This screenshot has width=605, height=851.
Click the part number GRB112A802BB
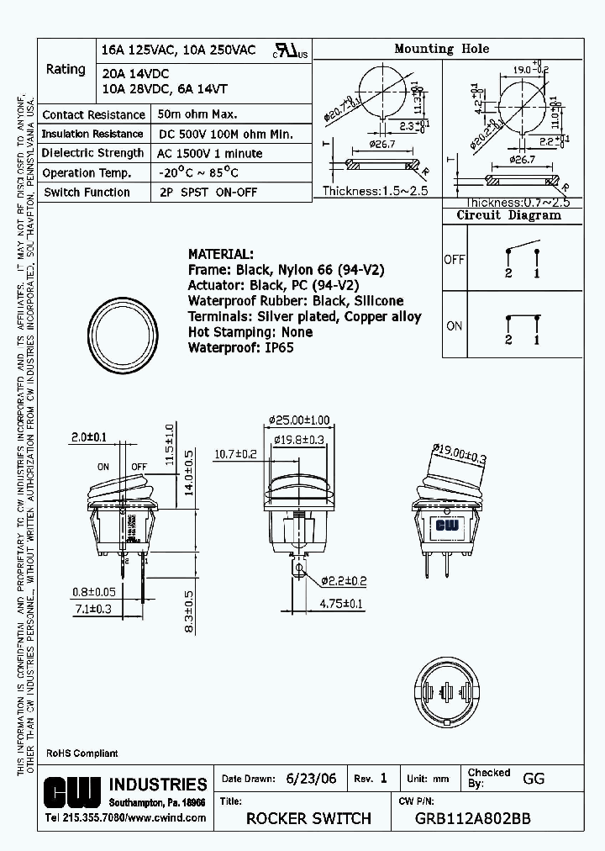coord(473,818)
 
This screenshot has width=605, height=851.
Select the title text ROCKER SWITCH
coord(308,818)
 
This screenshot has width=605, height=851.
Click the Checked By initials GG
coord(534,779)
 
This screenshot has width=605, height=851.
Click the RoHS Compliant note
coord(82,753)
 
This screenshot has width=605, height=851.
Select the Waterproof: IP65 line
coord(240,347)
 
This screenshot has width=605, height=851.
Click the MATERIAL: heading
coord(219,254)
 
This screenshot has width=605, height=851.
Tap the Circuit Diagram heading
coord(508,215)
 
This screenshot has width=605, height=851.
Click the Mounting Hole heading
coord(441,49)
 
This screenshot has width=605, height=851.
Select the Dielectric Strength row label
coord(93,153)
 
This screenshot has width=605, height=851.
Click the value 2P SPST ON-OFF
coord(206,192)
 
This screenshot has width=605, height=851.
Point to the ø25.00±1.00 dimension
coord(301,420)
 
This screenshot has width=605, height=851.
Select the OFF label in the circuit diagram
coord(454,260)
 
